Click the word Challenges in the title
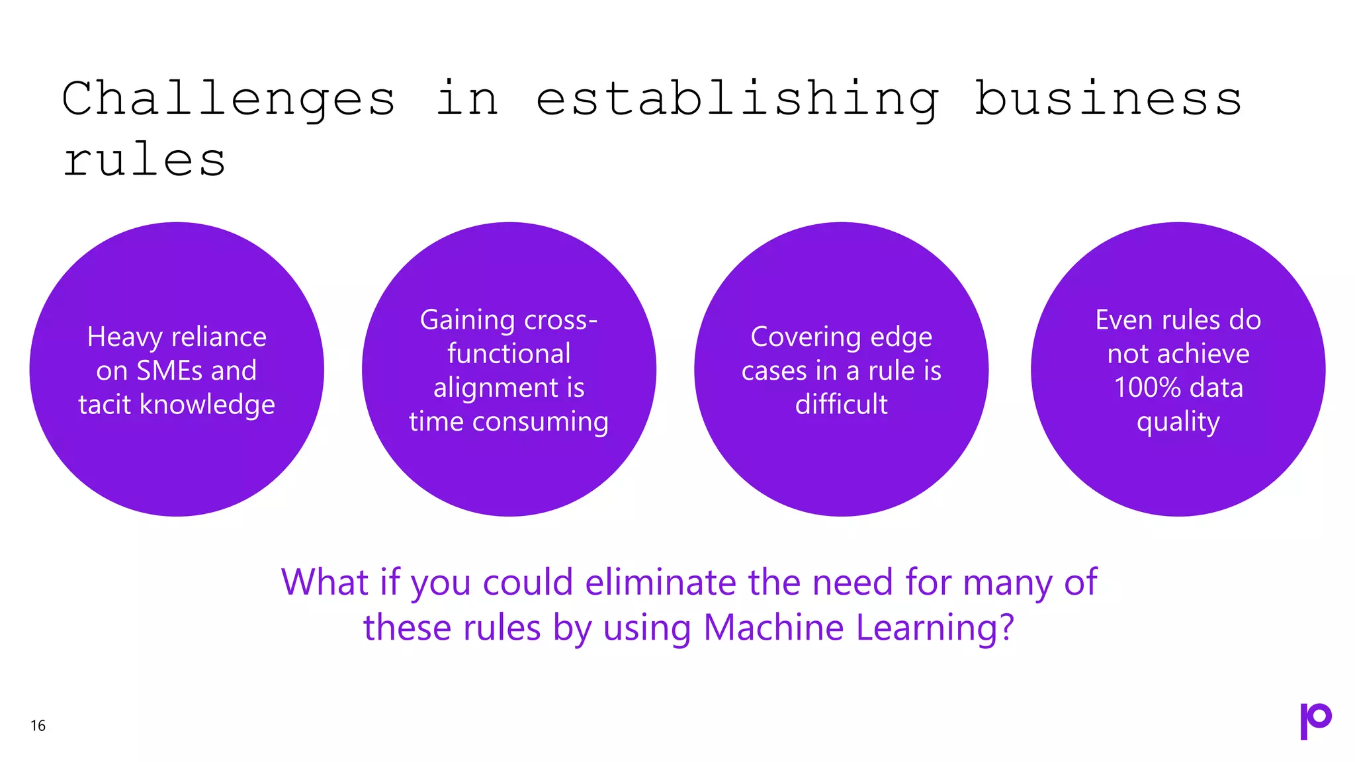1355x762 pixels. [228, 99]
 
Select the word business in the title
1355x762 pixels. [1108, 99]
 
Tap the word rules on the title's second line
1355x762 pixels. [144, 161]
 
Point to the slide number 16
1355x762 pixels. [38, 726]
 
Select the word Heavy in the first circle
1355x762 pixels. [124, 337]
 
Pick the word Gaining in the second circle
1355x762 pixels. [467, 321]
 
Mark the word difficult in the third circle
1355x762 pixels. [841, 404]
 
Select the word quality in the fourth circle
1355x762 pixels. [1178, 422]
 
